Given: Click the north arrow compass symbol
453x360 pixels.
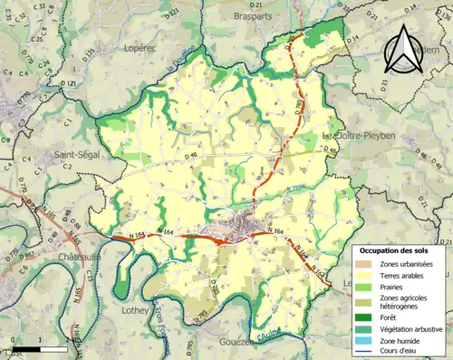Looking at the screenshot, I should [x=405, y=48].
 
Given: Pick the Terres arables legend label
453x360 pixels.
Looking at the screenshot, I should [x=405, y=276].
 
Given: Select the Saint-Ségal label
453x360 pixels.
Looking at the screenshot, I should [x=77, y=155].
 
